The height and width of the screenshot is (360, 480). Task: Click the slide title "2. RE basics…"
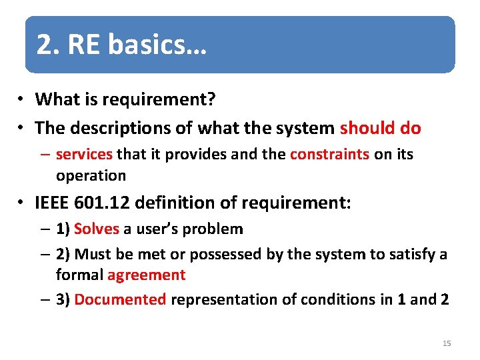coord(122,45)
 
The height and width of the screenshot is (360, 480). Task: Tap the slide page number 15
coord(447,343)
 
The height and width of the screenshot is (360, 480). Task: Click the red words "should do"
coord(380,127)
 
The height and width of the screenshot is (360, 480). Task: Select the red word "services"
coord(84,155)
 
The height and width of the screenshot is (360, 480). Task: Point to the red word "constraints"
coord(329,155)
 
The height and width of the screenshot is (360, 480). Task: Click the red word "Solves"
coord(97,229)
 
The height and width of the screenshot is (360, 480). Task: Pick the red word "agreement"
coord(146,275)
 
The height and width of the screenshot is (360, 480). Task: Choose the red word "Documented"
coord(120,300)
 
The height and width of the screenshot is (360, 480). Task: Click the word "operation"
coord(91,176)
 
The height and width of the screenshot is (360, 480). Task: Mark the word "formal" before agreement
coord(79,275)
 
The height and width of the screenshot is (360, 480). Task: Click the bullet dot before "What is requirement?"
coord(22,100)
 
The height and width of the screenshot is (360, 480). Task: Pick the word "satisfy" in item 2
coord(412,254)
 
